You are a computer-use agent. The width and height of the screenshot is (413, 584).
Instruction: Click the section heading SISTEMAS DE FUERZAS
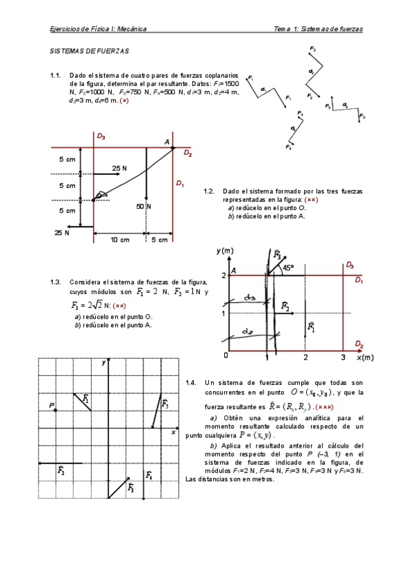pos(90,51)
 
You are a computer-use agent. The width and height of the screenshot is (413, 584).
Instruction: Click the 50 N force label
pos(143,206)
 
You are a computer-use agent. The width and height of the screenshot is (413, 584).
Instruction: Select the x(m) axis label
pos(364,358)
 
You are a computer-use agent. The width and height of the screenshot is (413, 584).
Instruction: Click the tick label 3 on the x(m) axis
pos(343,357)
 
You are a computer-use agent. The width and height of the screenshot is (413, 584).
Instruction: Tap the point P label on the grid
pos(51,406)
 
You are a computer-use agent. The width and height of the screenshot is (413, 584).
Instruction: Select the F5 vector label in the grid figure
pos(165,405)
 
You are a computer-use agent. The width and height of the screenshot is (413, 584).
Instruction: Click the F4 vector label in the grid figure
pos(150,476)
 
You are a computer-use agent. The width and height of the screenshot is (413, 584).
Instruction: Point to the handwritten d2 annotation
pos(246,332)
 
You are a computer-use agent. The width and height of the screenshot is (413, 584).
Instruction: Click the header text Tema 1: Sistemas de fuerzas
pos(318,29)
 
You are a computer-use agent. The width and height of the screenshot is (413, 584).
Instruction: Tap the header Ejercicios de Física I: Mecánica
pos(98,29)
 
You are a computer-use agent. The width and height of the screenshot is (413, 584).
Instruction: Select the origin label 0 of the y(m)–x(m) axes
pos(225,355)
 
